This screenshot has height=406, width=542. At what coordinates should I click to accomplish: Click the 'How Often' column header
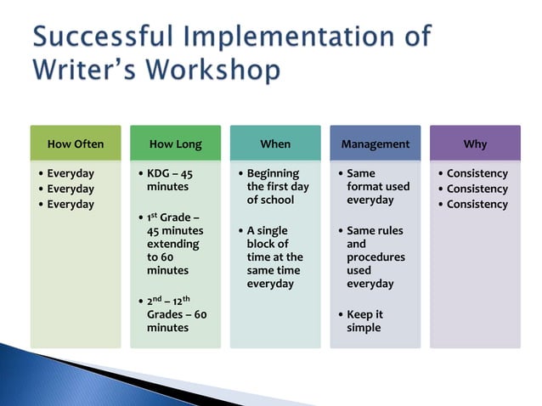[76, 144]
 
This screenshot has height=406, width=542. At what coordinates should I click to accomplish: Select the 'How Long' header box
[175, 144]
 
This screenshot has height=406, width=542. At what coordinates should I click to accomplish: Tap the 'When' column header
[275, 144]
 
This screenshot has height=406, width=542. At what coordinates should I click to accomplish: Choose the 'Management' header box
[375, 144]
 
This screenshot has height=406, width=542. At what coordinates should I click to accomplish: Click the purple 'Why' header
[475, 144]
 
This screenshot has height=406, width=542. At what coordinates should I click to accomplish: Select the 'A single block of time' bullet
[274, 257]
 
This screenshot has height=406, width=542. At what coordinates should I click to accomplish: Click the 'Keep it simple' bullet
[364, 321]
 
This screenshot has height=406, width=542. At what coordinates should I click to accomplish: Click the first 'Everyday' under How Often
[70, 173]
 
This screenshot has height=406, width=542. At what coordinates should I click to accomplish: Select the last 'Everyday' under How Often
[70, 204]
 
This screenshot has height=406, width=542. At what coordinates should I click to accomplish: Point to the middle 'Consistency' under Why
[477, 189]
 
